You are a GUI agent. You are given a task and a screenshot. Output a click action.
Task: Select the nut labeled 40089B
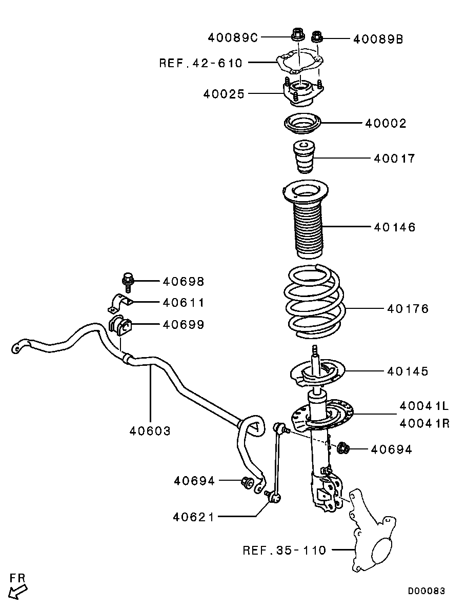coord(316,36)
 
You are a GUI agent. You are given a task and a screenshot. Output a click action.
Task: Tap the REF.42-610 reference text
coord(200,63)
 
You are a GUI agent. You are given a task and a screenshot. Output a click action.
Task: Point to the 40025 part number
coord(224,94)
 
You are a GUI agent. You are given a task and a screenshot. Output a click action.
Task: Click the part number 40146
coord(394,227)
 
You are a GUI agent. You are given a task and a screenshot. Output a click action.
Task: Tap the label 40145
coord(408,371)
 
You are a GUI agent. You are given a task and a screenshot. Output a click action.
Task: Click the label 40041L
coord(424,406)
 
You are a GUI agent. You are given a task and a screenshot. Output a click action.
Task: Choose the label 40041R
coord(424,424)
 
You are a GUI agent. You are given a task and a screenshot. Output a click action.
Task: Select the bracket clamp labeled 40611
coord(119,303)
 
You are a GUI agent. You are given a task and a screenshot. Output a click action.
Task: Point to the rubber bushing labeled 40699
coord(120,325)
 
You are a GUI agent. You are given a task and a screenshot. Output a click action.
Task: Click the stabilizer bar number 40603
coord(150,431)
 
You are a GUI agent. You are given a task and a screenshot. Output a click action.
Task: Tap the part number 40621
coord(193,517)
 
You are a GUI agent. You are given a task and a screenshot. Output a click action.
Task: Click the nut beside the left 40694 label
coord(247,482)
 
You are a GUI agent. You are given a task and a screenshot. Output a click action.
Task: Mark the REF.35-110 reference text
coord(284,551)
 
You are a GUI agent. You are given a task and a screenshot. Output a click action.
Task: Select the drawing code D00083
coord(427,591)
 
